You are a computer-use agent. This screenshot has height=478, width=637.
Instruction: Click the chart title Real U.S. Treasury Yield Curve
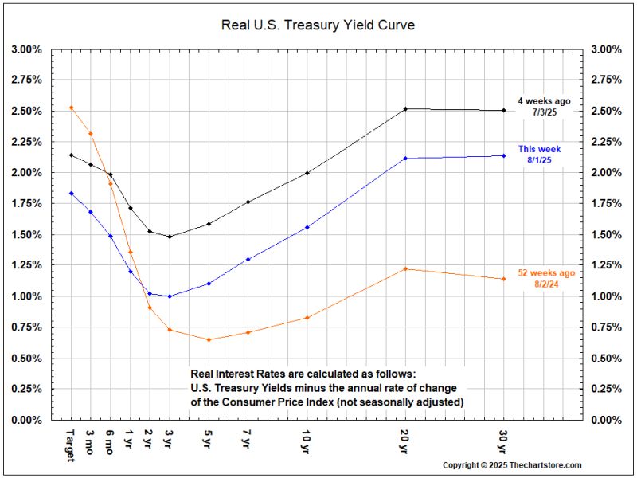coord(318,25)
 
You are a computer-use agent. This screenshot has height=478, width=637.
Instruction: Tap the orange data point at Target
coord(71,108)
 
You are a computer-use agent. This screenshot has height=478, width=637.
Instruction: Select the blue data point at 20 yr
coord(406,159)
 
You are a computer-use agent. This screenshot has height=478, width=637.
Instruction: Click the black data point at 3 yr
coord(170,237)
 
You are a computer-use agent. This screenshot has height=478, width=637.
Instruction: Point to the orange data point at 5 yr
coord(209,340)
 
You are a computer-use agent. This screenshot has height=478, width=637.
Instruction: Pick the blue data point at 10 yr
coord(307,227)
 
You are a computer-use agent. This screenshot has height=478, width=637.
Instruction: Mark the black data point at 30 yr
coord(504,111)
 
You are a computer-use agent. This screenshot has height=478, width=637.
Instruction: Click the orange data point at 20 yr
coord(406,269)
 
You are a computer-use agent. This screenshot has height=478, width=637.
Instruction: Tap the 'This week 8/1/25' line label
coord(539,155)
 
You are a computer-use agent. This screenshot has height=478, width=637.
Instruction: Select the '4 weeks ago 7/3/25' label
coord(543,107)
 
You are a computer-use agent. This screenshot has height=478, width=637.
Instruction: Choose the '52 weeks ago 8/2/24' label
coord(545,278)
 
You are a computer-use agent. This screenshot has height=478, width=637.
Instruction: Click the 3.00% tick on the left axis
coord(27,49)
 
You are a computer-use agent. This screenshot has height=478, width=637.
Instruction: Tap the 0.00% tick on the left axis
coord(27,420)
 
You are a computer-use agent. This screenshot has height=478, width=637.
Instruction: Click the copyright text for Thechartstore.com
coord(512,465)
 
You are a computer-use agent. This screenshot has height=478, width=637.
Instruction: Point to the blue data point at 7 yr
coord(248,259)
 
